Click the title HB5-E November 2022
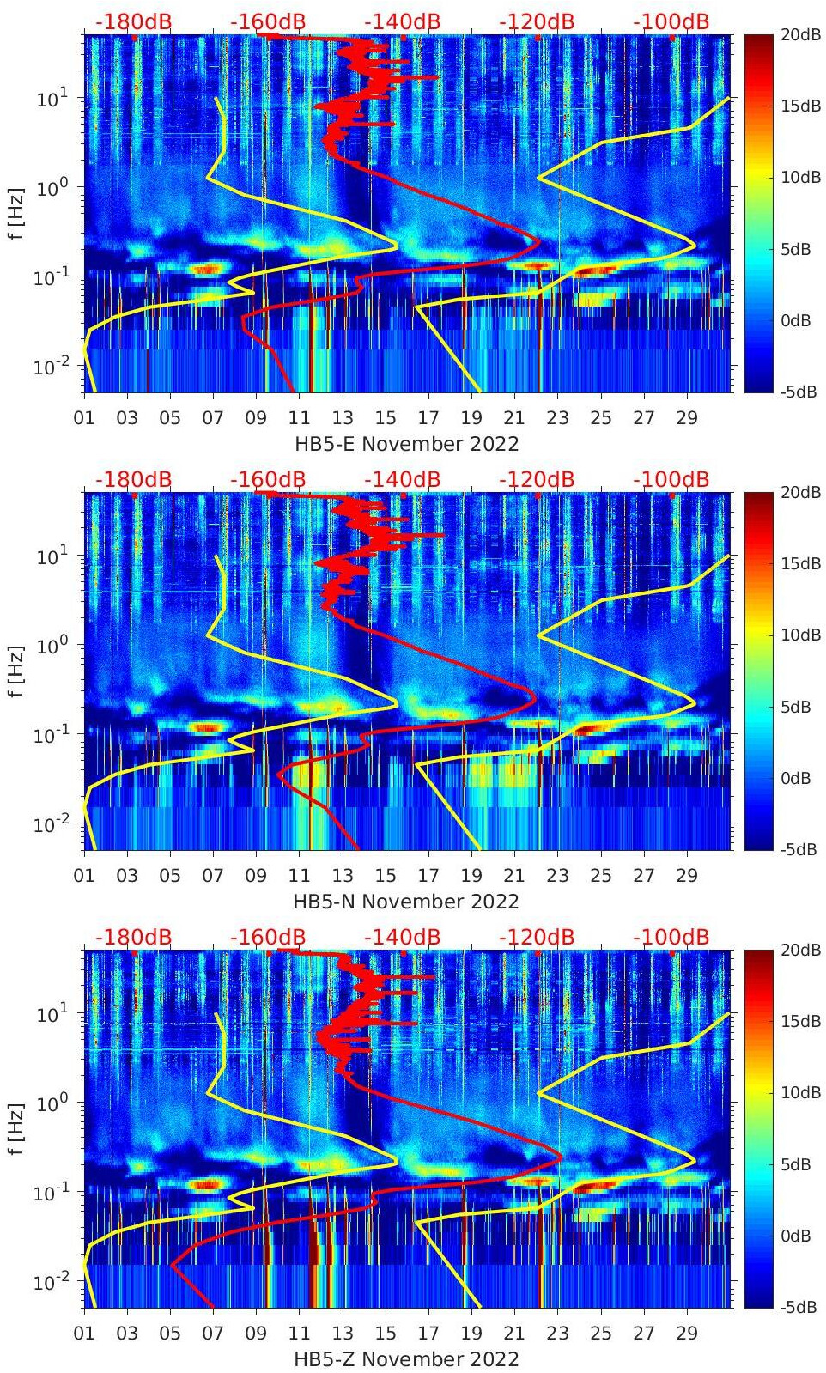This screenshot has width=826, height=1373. click(406, 444)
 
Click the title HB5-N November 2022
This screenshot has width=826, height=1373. click(406, 902)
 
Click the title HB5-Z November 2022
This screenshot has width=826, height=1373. click(406, 1359)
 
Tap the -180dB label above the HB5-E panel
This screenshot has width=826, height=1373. click(133, 21)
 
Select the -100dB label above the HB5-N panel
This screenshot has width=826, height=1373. click(671, 479)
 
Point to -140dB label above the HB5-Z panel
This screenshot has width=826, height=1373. click(402, 937)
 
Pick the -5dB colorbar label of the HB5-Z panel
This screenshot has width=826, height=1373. click(799, 1307)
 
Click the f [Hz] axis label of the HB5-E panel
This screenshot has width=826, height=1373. click(17, 213)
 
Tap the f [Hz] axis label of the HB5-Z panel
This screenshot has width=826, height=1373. click(17, 1128)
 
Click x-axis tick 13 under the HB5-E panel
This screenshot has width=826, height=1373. click(343, 418)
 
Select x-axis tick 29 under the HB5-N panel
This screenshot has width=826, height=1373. click(687, 876)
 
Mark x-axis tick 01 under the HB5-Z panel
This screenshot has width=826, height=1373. click(84, 1334)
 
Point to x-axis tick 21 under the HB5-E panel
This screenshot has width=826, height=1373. click(514, 418)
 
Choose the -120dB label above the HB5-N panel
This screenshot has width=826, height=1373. click(537, 479)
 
